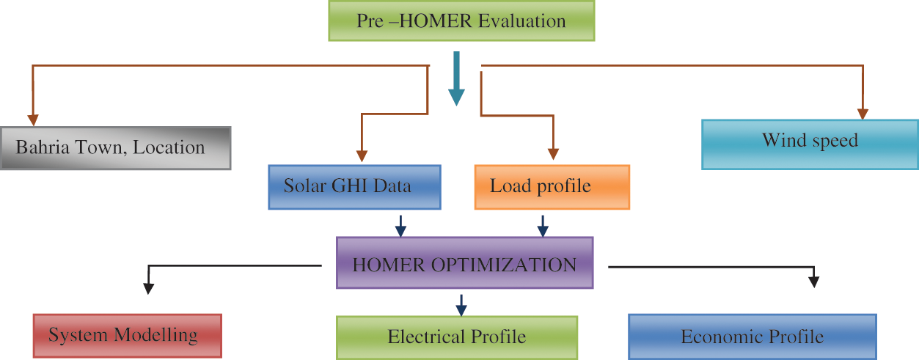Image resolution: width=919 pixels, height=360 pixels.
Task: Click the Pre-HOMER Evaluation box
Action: (461, 21)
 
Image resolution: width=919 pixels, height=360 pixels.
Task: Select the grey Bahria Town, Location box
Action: (116, 147)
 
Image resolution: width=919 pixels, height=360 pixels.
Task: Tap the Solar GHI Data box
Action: (353, 186)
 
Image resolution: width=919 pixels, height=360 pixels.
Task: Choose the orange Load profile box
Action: (552, 186)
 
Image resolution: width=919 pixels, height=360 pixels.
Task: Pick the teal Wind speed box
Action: (810, 144)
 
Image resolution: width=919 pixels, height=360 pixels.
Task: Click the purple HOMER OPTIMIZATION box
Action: (464, 262)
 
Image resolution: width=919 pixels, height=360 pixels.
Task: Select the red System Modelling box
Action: (128, 336)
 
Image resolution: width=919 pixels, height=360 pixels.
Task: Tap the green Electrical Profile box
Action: (457, 337)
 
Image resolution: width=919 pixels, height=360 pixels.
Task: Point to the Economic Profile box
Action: (753, 337)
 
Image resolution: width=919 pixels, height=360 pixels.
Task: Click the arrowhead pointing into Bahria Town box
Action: (33, 119)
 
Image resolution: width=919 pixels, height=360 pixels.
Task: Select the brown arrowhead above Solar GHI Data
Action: (361, 155)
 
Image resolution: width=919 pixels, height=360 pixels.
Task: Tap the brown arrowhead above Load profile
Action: (554, 153)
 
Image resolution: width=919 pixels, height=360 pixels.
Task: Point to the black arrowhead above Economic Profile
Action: (813, 280)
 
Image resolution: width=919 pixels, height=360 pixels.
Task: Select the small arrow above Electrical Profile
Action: (461, 304)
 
